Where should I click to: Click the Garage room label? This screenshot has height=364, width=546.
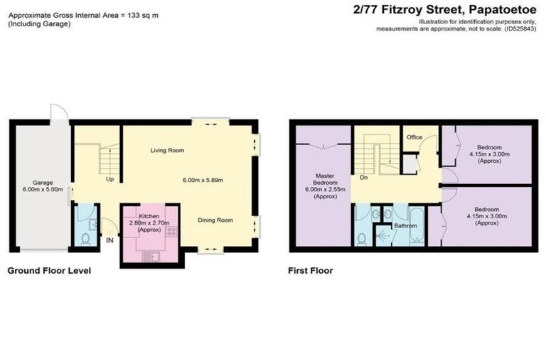coord(38,182)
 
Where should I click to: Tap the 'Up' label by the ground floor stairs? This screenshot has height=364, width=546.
coord(109,179)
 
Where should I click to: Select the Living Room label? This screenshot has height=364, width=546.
coord(167,151)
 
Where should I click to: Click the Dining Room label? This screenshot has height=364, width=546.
coord(215,220)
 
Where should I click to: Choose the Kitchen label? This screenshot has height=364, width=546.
coord(149,215)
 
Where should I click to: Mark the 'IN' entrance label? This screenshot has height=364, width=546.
coord(109,242)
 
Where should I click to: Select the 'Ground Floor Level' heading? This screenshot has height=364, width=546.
coord(49,271)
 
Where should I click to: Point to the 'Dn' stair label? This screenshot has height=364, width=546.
coord(363,178)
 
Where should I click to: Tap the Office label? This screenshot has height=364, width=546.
coord(414,137)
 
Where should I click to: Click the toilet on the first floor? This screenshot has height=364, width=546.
coord(362,238)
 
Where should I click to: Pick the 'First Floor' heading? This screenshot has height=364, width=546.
coord(310,271)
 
